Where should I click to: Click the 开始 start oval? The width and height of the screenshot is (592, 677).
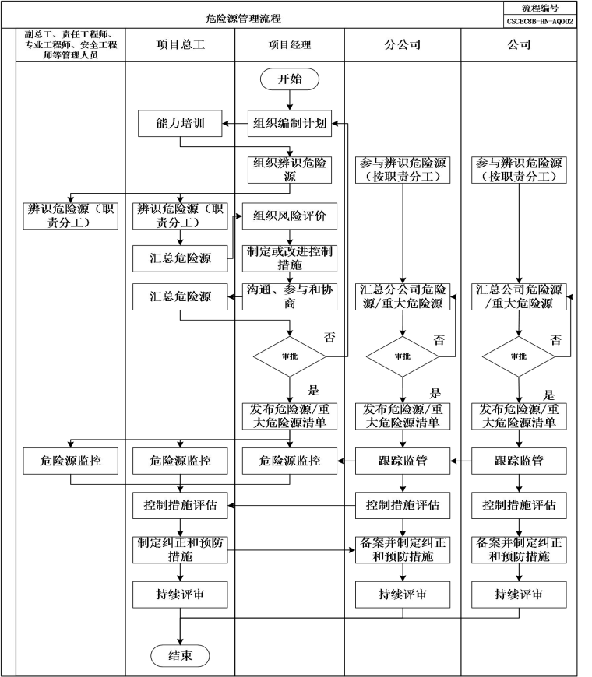coord(289,79)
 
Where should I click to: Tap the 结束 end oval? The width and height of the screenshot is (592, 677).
coord(180,655)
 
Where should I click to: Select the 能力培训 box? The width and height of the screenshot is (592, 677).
coord(180,122)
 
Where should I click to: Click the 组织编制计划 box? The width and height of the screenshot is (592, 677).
coord(289,122)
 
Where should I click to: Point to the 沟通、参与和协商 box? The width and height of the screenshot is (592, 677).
coord(289,296)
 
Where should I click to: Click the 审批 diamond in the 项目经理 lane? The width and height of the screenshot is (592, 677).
coord(289,356)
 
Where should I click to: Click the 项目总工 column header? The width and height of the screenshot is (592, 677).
coord(180,44)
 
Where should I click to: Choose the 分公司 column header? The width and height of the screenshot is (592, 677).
coord(402,44)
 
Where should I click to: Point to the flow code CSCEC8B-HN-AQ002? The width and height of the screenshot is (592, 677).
coord(540,21)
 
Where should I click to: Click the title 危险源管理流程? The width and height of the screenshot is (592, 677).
coord(249,17)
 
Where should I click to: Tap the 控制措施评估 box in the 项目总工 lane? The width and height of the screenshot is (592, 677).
coord(180,505)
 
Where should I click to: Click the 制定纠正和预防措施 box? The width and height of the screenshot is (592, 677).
coord(180,549)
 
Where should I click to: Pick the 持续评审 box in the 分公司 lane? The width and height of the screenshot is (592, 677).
coord(402,595)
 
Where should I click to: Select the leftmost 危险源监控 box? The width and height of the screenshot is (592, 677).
coord(71,461)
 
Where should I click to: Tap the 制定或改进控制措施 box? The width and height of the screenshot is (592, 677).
coord(289,258)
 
